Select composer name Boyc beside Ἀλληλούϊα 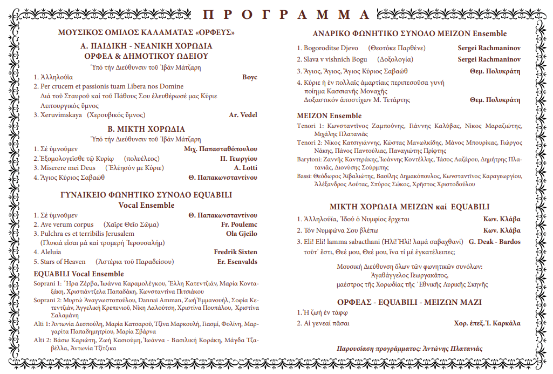pyautogui.click(x=250, y=77)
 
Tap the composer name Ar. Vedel pyautogui.click(x=243, y=114)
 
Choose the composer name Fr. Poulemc pyautogui.click(x=239, y=224)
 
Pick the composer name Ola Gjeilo pyautogui.click(x=242, y=234)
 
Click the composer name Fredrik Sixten pyautogui.click(x=236, y=252)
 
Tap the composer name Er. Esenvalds pyautogui.click(x=237, y=262)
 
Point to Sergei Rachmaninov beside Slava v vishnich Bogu pyautogui.click(x=489, y=59)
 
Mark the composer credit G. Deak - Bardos pyautogui.click(x=495, y=242)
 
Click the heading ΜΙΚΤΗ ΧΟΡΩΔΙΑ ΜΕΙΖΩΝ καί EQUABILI pyautogui.click(x=409, y=207)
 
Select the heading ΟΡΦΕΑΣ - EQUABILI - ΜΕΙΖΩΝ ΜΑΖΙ pyautogui.click(x=409, y=302)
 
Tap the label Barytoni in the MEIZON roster pyautogui.click(x=309, y=159)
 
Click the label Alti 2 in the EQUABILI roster pyautogui.click(x=43, y=340)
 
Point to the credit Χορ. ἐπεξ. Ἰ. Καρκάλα pyautogui.click(x=487, y=323)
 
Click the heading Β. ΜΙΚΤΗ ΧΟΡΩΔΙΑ pyautogui.click(x=146, y=129)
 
